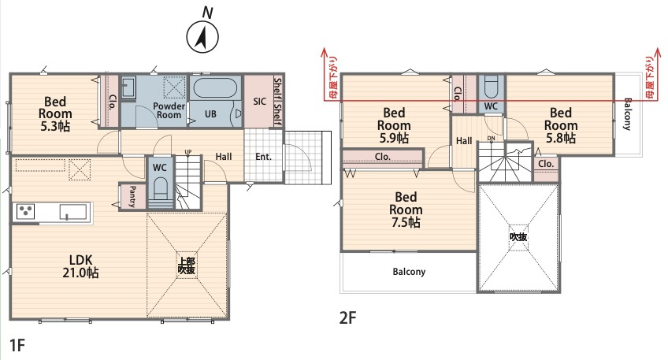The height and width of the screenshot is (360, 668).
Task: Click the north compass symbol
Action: click(202, 37)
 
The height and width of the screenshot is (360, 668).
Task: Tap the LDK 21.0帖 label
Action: click(80, 266)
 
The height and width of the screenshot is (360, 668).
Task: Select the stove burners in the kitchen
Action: click(25, 211)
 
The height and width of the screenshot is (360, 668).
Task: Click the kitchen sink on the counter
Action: click(73, 212)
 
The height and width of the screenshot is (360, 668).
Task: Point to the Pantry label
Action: click(132, 196)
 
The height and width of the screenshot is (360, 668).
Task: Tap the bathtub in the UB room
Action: click(215, 88)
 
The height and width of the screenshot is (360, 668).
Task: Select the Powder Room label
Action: click(169, 110)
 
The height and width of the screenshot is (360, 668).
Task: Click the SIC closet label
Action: click(259, 102)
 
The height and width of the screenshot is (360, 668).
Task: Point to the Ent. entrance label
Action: click(263, 157)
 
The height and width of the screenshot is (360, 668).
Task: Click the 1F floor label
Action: click(17, 345)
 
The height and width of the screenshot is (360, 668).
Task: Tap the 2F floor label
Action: click(347, 317)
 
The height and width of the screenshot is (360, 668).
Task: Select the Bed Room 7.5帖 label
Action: click(406, 210)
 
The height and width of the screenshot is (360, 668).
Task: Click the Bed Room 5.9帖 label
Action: click(394, 125)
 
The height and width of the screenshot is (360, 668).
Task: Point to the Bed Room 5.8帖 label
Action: click(561, 125)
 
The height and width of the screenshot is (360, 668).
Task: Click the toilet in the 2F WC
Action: click(492, 87)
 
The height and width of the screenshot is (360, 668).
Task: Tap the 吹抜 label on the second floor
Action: click(518, 236)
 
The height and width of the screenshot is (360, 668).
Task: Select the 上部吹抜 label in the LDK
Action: click(186, 265)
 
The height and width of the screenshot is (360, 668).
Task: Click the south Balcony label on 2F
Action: click(409, 272)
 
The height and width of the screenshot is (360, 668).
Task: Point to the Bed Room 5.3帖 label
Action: click(55, 113)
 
